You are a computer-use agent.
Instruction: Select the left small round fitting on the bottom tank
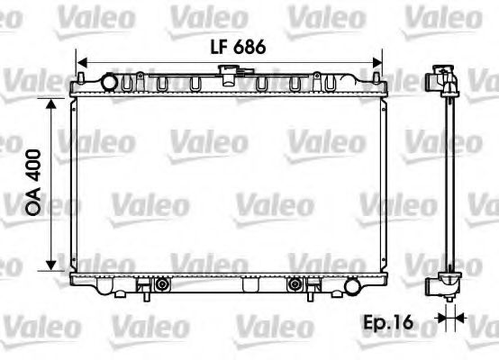tap(162, 286)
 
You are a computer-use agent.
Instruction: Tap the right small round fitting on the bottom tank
tap(294, 286)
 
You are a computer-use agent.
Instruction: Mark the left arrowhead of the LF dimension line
tap(76, 64)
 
